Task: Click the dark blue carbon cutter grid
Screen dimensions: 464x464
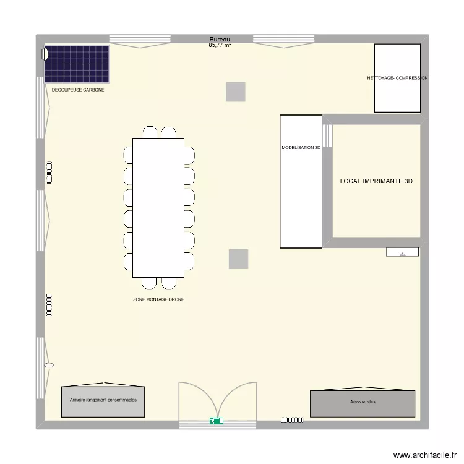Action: pyautogui.click(x=77, y=63)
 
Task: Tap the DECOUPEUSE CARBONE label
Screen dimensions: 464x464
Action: pyautogui.click(x=78, y=90)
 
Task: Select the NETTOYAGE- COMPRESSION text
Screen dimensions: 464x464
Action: pyautogui.click(x=397, y=79)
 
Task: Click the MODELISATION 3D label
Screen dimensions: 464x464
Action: pyautogui.click(x=301, y=148)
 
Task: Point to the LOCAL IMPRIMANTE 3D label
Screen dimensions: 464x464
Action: pyautogui.click(x=376, y=181)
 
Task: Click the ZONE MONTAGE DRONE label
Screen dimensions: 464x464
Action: pyautogui.click(x=158, y=299)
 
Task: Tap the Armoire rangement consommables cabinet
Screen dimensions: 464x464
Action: pyautogui.click(x=103, y=401)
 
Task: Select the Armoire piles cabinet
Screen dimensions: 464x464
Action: pyautogui.click(x=362, y=403)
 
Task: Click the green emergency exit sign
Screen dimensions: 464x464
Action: pyautogui.click(x=217, y=421)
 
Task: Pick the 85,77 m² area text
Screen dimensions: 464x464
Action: pyautogui.click(x=220, y=45)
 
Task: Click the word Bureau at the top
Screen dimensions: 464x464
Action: pyautogui.click(x=220, y=39)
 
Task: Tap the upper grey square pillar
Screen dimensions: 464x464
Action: pyautogui.click(x=235, y=92)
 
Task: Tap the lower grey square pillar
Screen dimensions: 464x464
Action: pyautogui.click(x=238, y=259)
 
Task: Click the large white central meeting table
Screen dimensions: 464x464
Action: pyautogui.click(x=158, y=207)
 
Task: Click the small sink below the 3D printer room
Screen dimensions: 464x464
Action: pyautogui.click(x=403, y=252)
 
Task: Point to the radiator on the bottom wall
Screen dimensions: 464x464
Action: pyautogui.click(x=292, y=420)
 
